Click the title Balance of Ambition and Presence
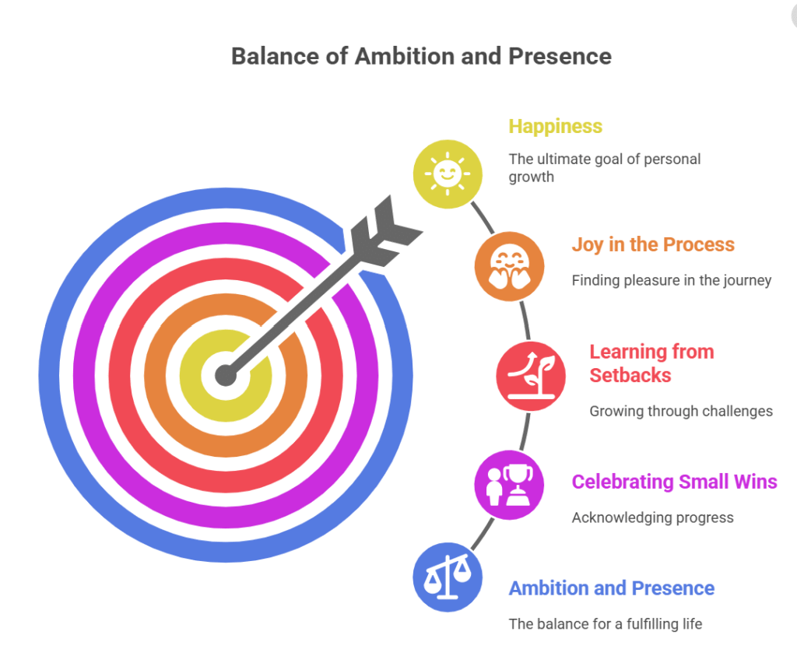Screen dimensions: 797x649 pyautogui.click(x=421, y=56)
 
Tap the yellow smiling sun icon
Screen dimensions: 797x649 pyautogui.click(x=448, y=174)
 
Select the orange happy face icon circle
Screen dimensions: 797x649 pyautogui.click(x=509, y=266)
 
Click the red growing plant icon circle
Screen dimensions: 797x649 pyautogui.click(x=531, y=376)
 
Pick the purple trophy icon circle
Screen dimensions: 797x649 pyautogui.click(x=509, y=485)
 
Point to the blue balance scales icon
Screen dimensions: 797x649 pyautogui.click(x=448, y=577)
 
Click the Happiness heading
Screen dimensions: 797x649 pyautogui.click(x=556, y=127)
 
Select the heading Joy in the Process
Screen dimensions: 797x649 pyautogui.click(x=653, y=244)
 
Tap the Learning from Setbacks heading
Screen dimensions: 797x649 pyautogui.click(x=651, y=363)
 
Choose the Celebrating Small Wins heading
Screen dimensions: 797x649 pyautogui.click(x=675, y=482)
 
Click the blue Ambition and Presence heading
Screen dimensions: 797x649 pyautogui.click(x=612, y=588)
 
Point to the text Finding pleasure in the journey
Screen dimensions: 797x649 pyautogui.click(x=672, y=281)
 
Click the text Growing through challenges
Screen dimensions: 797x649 pyautogui.click(x=681, y=411)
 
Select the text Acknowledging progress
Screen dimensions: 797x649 pyautogui.click(x=653, y=518)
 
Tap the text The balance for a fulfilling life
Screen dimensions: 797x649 pyautogui.click(x=606, y=624)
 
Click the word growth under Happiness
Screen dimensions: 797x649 pyautogui.click(x=531, y=177)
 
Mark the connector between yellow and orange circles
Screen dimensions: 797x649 pyautogui.click(x=483, y=218)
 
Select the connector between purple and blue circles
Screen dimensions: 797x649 pyautogui.click(x=483, y=534)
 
